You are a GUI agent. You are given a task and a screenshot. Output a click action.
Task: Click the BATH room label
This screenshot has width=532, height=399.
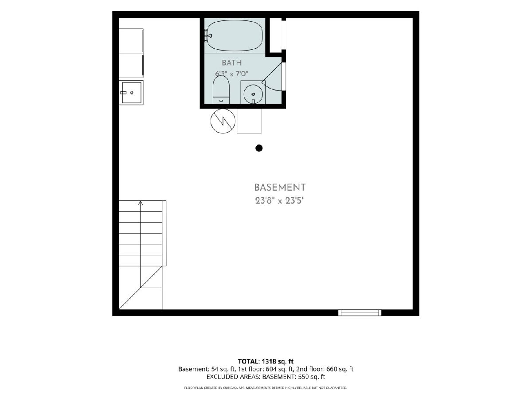click(x=231, y=63)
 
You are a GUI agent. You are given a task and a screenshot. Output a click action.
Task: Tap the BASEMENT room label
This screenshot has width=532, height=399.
click(x=280, y=187)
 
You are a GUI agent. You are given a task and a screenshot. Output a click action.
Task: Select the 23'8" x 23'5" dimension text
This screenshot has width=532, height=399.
click(x=280, y=200)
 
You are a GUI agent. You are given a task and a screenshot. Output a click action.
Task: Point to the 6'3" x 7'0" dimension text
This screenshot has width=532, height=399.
click(x=231, y=74)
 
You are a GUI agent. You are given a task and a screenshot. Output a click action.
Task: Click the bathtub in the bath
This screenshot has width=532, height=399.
click(x=235, y=35)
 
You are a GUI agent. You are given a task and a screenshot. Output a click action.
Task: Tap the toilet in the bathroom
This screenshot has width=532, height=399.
click(x=221, y=90)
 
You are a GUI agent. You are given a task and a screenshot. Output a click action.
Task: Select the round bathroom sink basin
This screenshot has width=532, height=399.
click(x=253, y=94)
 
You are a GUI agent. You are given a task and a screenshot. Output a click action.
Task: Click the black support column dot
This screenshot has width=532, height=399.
click(x=259, y=148)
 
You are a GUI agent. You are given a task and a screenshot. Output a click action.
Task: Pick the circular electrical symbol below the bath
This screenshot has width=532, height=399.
click(x=223, y=121)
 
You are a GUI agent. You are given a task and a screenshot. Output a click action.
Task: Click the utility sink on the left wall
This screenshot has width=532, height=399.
click(x=131, y=93)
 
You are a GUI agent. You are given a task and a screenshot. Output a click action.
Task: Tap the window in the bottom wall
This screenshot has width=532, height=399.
click(x=360, y=313)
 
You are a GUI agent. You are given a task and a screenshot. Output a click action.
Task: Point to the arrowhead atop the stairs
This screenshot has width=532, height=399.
click(x=141, y=203)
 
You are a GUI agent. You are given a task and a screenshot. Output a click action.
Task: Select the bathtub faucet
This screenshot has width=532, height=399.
click(x=208, y=35)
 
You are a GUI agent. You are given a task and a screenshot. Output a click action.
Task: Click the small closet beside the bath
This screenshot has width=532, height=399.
click(x=276, y=35)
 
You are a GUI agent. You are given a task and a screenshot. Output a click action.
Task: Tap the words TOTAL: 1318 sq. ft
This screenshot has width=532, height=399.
click(x=266, y=361)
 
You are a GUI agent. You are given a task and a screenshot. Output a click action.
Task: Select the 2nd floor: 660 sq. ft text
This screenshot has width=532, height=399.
click(x=325, y=369)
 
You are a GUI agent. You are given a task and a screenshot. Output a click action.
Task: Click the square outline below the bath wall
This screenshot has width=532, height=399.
click(x=249, y=121)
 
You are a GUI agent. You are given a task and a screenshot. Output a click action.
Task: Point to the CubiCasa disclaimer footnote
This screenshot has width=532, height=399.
click(x=266, y=388)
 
